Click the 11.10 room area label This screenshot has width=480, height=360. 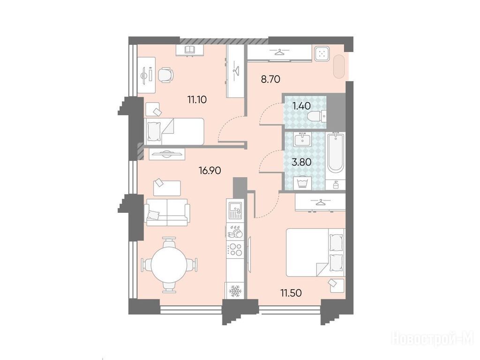pos(197,99)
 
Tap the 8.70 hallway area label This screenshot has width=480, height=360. pos(270,80)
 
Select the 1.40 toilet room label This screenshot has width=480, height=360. pos(301,106)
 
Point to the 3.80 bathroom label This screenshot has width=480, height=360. pos(301,162)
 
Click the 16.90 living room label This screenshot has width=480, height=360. pos(210,170)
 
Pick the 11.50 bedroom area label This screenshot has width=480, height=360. pos(291,293)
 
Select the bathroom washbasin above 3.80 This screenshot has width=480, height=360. pos(302,140)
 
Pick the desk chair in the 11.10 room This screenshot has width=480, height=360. pos(165,75)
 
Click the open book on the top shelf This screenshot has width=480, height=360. pos(190,50)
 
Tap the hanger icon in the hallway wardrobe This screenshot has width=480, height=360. pos(278,52)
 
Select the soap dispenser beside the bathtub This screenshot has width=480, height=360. pos(336,185)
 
